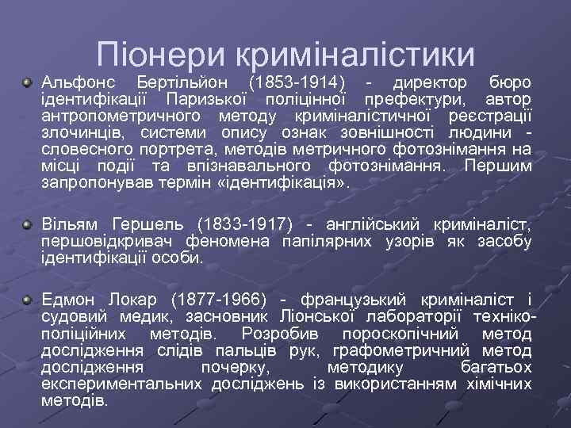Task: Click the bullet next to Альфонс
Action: click(x=28, y=82)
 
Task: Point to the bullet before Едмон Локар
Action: click(x=28, y=301)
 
